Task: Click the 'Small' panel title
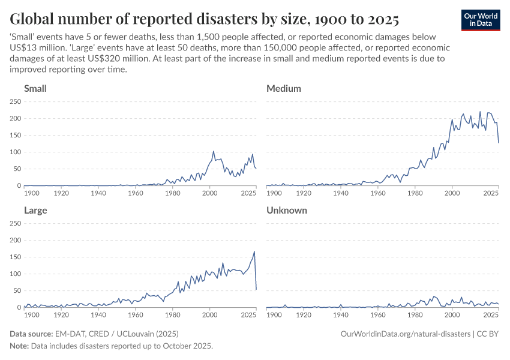click(x=35, y=89)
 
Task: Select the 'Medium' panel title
click(x=283, y=89)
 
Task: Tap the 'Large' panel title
click(x=35, y=211)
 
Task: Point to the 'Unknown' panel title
click(x=286, y=211)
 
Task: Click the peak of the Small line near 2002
click(x=214, y=151)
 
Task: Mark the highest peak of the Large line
click(x=254, y=251)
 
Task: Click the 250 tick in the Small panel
click(x=15, y=102)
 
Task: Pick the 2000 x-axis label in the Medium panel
click(x=452, y=194)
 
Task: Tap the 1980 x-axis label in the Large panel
click(x=173, y=315)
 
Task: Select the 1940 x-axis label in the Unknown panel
click(x=341, y=315)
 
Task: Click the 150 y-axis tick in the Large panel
click(x=15, y=257)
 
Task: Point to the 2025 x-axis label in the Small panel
click(x=247, y=194)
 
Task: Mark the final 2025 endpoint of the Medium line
click(x=499, y=143)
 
